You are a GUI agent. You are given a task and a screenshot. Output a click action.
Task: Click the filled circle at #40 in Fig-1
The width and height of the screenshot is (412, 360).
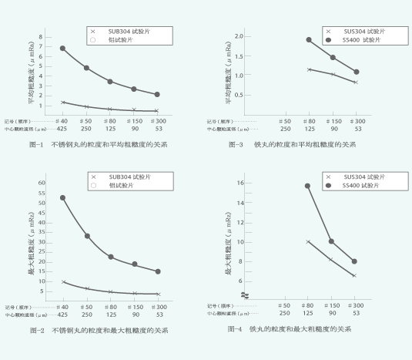click(62, 49)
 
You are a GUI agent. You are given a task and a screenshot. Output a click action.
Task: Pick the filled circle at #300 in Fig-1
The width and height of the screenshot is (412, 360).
click(157, 95)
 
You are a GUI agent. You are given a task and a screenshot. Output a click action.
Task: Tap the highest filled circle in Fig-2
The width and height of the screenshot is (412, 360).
click(62, 198)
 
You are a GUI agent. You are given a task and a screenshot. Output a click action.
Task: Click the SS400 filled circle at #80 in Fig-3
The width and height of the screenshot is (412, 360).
click(309, 39)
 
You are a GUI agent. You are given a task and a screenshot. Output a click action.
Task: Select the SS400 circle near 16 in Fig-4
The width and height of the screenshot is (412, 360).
click(308, 186)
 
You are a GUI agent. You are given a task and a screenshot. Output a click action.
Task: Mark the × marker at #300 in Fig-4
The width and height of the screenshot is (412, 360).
click(354, 275)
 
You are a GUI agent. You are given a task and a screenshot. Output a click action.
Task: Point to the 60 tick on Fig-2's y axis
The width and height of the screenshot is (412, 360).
click(42, 183)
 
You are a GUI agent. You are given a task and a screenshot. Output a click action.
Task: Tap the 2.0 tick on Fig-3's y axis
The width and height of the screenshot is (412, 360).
click(239, 36)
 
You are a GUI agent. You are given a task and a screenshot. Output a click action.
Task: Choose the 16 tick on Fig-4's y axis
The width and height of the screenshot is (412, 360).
click(240, 183)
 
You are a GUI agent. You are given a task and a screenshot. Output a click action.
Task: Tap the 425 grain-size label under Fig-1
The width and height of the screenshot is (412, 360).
click(62, 128)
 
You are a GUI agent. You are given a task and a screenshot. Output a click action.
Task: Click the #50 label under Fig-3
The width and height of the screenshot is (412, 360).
click(284, 121)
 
